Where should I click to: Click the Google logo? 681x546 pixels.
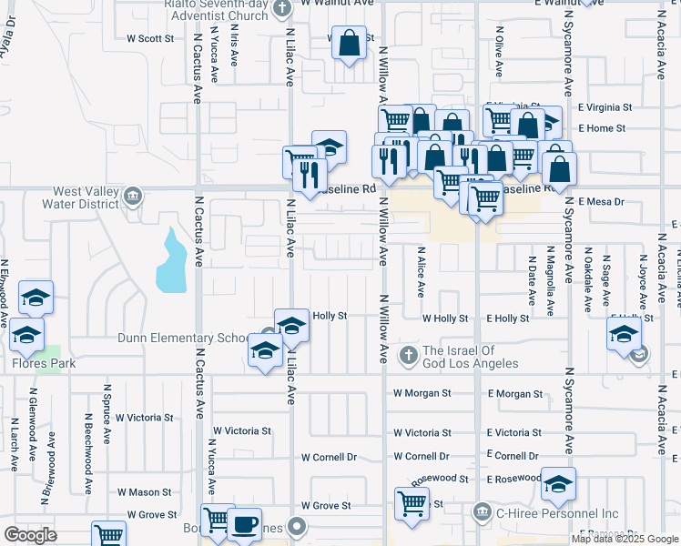[x=30, y=535]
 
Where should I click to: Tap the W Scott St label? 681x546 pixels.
[x=150, y=38]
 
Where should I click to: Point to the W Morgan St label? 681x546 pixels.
[x=422, y=394]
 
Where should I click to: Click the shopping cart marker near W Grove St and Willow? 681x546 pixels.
[x=412, y=501]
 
